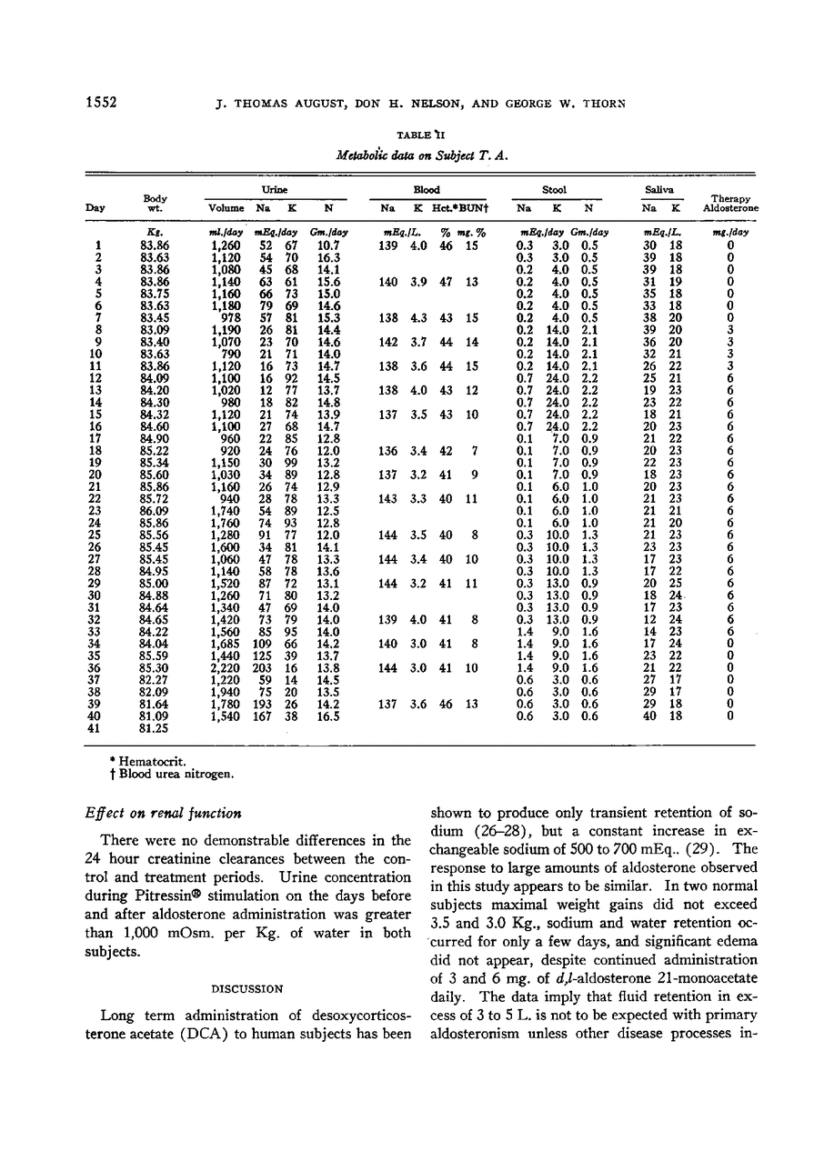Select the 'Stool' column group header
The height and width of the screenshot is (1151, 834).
(554, 190)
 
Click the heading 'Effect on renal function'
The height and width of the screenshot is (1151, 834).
(159, 813)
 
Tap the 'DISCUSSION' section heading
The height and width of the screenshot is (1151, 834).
(246, 988)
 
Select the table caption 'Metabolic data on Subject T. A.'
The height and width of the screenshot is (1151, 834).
(421, 154)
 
